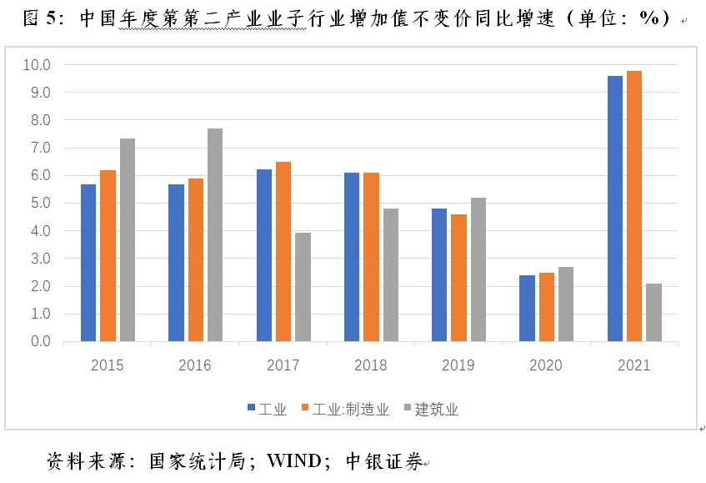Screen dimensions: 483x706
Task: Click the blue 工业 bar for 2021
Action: [614, 209]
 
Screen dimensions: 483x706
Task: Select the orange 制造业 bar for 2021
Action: [634, 206]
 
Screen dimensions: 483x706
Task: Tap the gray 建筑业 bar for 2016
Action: [215, 234]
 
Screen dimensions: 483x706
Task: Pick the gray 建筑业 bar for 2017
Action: [303, 287]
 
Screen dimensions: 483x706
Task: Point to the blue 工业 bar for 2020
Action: [527, 308]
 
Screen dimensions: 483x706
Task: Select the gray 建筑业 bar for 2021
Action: [653, 312]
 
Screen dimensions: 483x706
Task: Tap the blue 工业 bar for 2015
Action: [88, 263]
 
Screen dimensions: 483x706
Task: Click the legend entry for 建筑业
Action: [431, 409]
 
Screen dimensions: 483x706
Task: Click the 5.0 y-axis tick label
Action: [40, 203]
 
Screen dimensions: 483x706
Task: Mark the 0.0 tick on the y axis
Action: [40, 341]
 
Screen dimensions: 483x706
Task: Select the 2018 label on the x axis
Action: [371, 365]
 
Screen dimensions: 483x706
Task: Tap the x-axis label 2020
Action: [546, 365]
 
